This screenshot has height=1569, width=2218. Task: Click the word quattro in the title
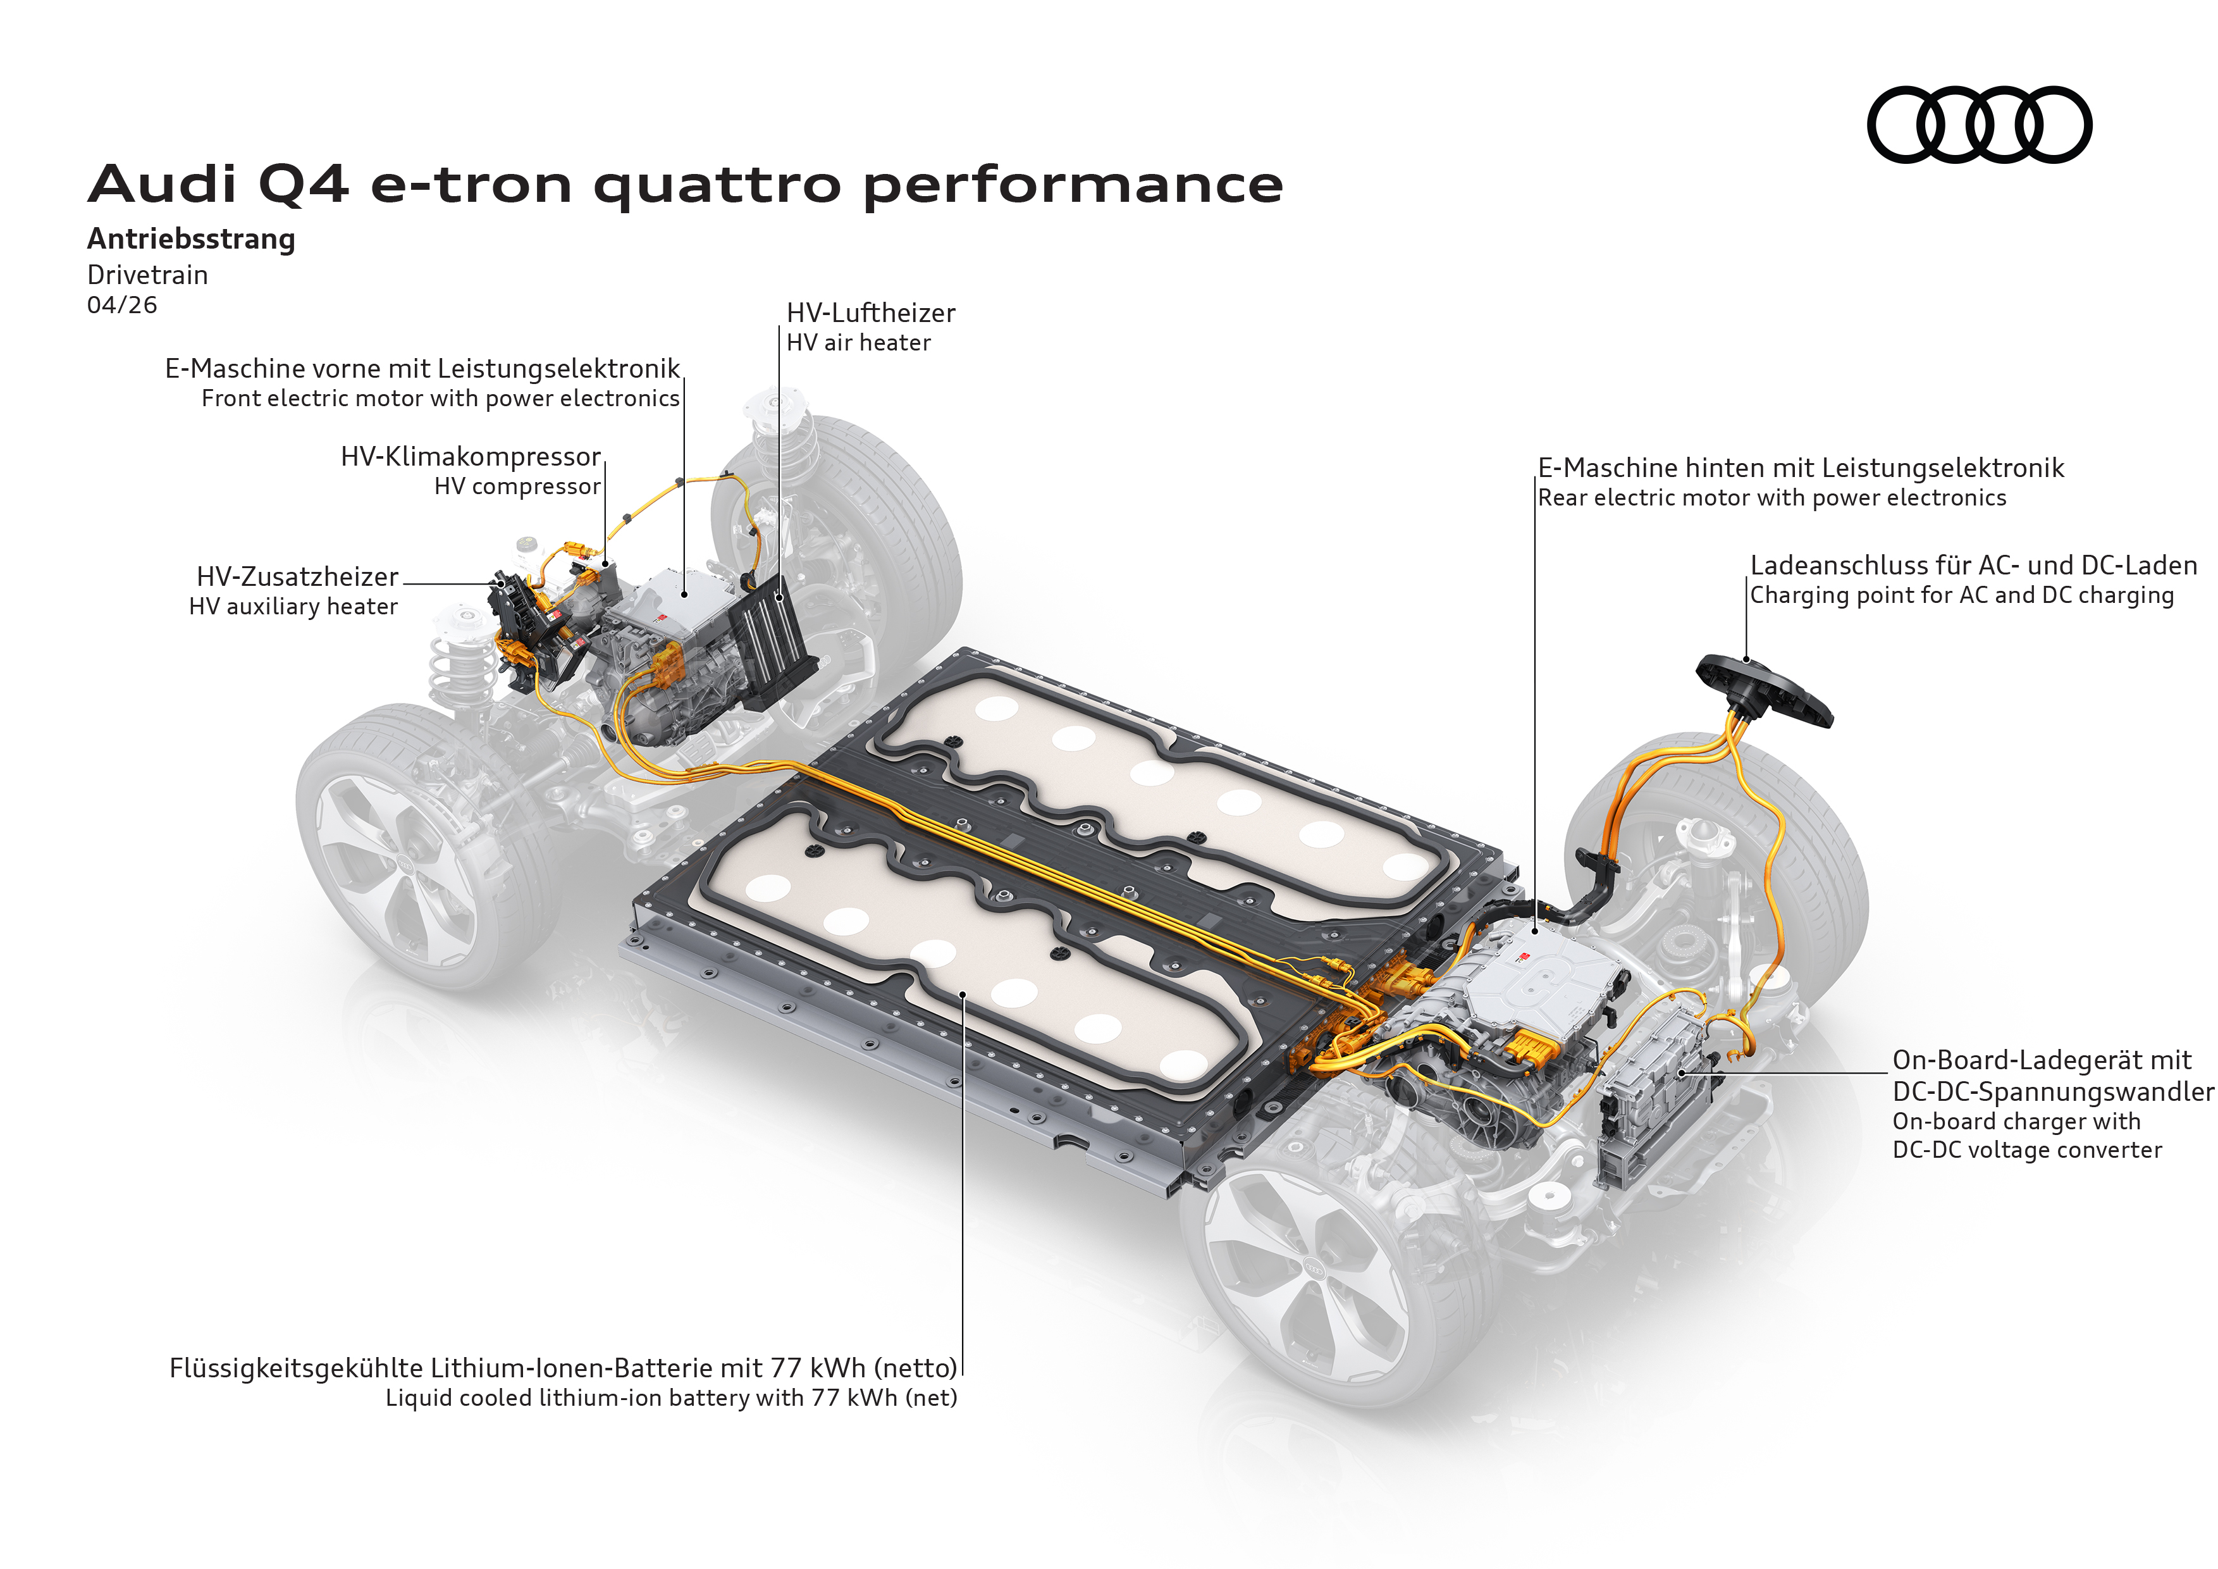pos(717,185)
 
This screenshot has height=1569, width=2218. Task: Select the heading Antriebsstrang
pos(191,239)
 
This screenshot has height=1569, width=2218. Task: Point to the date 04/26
pos(121,306)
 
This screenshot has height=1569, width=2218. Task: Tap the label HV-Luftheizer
pos(870,313)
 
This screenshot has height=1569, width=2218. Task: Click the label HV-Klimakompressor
pos(471,456)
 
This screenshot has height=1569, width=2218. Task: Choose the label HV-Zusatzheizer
pos(297,577)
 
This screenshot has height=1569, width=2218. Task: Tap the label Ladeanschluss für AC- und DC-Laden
pos(1973,565)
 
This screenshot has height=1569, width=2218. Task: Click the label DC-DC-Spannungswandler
pos(2052,1092)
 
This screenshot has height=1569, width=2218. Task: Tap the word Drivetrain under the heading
pos(147,275)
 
